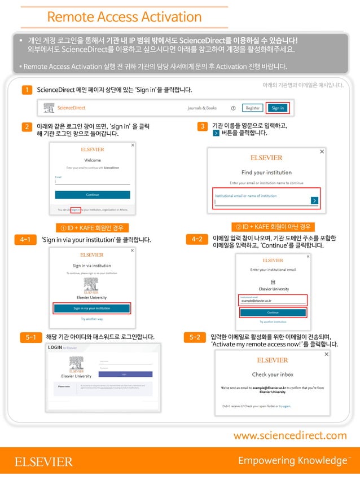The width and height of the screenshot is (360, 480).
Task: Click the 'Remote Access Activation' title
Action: click(x=124, y=17)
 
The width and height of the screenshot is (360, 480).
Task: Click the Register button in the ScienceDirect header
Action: click(x=252, y=108)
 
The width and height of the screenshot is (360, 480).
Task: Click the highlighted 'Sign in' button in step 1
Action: click(x=278, y=108)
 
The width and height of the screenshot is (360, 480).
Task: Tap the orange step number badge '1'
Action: click(x=25, y=90)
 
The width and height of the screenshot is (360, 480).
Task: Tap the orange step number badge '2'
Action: click(x=25, y=127)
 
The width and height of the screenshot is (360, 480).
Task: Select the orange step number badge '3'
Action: click(x=203, y=126)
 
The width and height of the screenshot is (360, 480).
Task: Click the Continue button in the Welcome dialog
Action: click(x=93, y=195)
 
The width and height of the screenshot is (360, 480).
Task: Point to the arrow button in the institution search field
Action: click(x=314, y=200)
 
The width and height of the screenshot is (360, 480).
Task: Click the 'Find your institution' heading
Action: click(x=266, y=173)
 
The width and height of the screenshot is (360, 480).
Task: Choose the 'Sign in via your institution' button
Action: click(x=92, y=309)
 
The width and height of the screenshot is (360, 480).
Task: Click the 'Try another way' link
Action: click(x=91, y=319)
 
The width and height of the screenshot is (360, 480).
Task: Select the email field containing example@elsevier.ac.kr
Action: click(x=273, y=300)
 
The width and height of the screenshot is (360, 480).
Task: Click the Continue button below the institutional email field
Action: click(x=273, y=312)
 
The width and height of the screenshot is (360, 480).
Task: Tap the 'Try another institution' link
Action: click(x=273, y=322)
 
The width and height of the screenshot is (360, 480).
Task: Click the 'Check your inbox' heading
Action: click(x=273, y=375)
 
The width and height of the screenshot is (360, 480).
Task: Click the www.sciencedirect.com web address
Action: click(x=290, y=435)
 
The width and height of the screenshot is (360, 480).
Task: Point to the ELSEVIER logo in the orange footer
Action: click(x=43, y=462)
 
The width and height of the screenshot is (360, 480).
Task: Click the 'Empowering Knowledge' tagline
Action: click(x=292, y=461)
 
